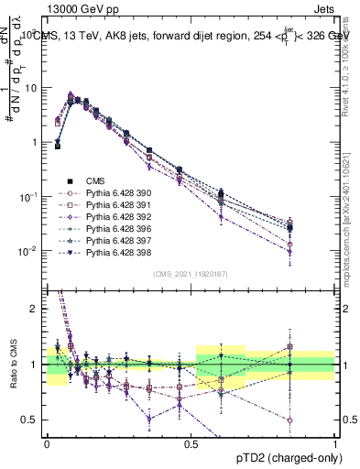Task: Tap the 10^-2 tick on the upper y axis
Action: click(27, 251)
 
